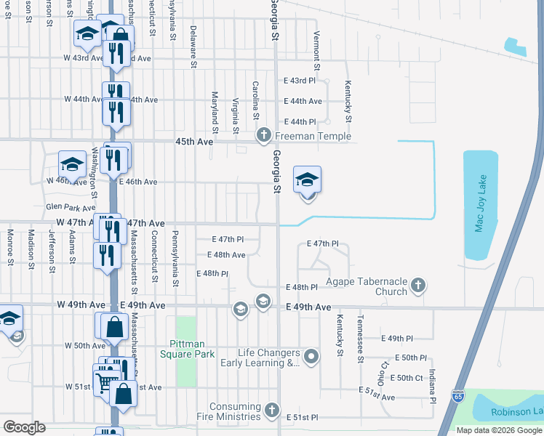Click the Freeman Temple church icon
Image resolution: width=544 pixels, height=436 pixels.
(263, 135)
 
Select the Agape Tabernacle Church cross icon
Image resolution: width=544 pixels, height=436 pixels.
(418, 286)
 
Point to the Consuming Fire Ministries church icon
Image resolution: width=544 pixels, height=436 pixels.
(272, 411)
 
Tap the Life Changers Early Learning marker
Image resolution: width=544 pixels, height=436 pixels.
(312, 357)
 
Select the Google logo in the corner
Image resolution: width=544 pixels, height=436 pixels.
(24, 427)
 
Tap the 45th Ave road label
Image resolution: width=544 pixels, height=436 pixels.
(194, 142)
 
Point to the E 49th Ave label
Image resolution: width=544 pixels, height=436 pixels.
(309, 307)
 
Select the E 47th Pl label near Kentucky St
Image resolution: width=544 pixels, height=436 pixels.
(324, 243)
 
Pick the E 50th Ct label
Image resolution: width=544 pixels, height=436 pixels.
(407, 378)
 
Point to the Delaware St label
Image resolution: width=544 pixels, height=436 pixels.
(193, 42)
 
